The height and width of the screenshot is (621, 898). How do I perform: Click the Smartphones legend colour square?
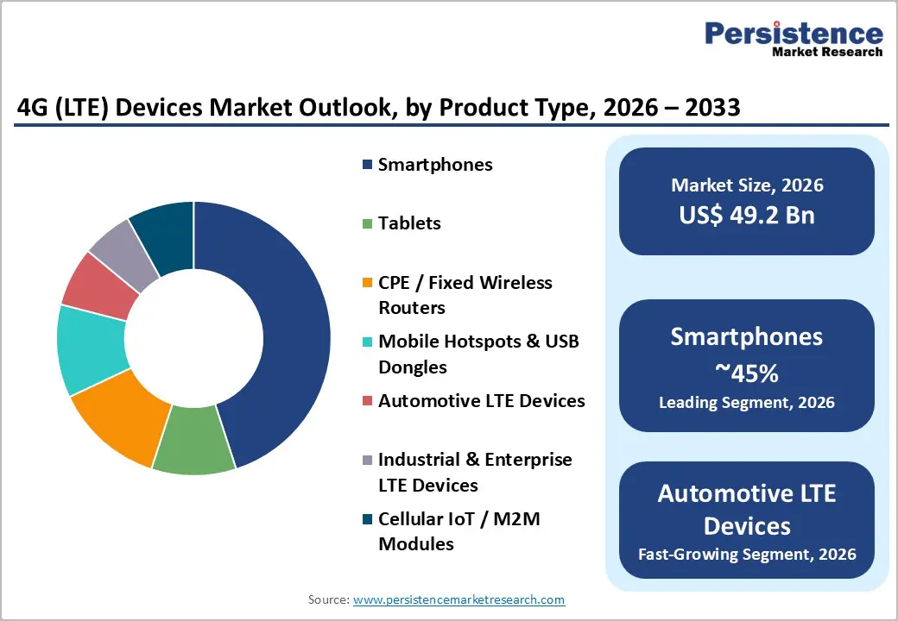[x=367, y=165]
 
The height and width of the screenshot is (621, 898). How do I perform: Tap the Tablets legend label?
[x=409, y=223]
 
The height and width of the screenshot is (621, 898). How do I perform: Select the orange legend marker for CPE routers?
[x=367, y=283]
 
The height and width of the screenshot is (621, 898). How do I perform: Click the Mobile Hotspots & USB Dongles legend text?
[x=477, y=354]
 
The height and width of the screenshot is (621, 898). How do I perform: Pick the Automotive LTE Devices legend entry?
[x=481, y=401]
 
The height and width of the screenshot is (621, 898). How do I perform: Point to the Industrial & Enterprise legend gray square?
[x=367, y=460]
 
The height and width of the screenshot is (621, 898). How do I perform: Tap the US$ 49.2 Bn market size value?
[x=747, y=215]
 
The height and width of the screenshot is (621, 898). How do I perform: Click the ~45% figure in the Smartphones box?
[x=747, y=373]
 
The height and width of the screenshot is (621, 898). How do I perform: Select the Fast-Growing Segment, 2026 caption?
[x=747, y=554]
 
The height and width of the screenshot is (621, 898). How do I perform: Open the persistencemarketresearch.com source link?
[x=458, y=599]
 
